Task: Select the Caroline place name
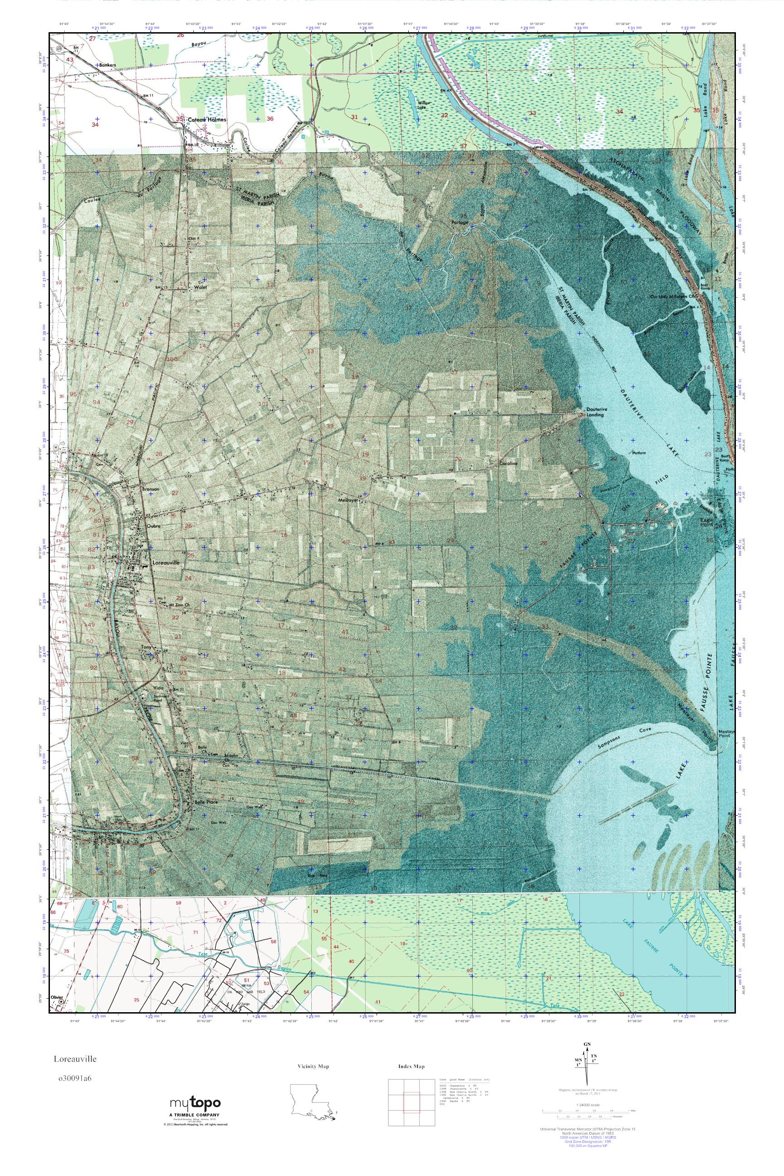click(x=508, y=464)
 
